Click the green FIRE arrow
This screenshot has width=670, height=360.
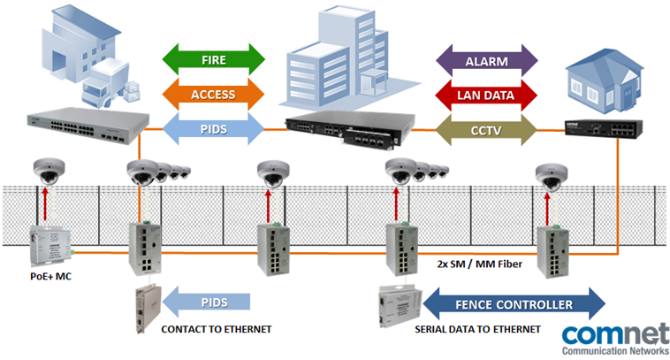tap(215, 61)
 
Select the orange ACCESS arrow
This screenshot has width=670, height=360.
tap(215, 94)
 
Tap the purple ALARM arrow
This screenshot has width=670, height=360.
tap(488, 61)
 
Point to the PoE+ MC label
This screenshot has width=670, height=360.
tap(50, 276)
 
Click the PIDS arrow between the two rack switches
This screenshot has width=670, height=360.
tap(215, 128)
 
